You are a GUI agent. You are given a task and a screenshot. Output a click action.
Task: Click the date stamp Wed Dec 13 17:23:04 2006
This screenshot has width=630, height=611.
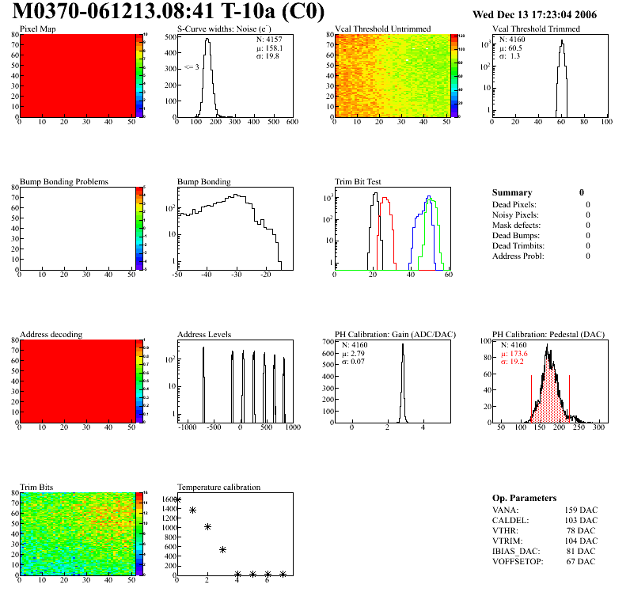coord(545,14)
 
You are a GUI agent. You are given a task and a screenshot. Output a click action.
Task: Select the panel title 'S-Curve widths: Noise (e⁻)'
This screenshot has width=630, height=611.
coord(222,29)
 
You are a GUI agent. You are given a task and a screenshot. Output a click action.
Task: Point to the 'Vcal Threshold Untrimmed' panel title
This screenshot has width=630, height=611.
coord(382,29)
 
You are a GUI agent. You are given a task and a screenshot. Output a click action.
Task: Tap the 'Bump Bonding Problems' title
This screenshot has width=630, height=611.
coord(64,182)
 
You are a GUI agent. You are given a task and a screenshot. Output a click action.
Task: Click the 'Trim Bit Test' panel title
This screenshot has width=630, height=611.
coord(358,182)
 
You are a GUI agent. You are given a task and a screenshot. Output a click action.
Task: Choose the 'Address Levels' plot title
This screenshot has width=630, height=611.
coord(204,335)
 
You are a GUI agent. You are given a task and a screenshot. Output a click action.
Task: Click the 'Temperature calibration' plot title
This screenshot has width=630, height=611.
coord(218,488)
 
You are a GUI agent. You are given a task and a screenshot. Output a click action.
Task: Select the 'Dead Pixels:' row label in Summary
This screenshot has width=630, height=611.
coord(514,205)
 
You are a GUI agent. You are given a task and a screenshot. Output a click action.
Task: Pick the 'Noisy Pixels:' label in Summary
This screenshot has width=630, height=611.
coord(515,215)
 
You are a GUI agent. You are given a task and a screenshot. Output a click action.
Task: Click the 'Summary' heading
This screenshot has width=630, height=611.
coord(512,192)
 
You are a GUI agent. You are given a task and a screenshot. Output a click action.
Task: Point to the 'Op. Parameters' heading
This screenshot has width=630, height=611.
coord(522,498)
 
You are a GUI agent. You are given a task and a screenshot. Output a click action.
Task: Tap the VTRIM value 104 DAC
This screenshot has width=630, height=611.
coord(581,541)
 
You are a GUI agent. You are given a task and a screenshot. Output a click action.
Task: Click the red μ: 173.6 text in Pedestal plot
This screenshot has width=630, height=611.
coord(514,354)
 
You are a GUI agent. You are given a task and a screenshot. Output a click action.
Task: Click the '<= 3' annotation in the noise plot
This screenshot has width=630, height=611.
coord(192,67)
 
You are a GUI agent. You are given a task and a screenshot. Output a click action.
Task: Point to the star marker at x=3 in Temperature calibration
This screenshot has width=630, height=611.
coord(223,549)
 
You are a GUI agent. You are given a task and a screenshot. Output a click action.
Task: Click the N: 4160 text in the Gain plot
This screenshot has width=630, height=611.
coord(356,346)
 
